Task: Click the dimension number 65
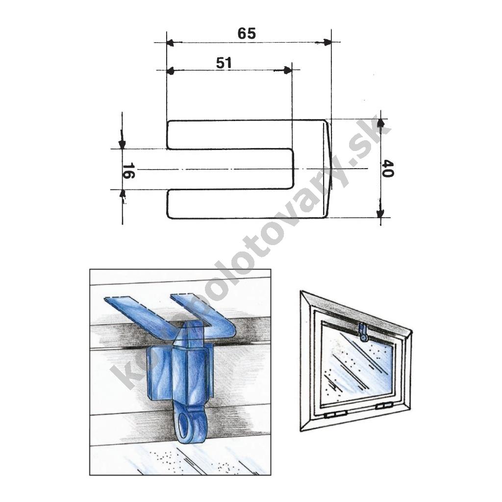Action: click(x=247, y=34)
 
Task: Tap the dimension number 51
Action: click(x=224, y=63)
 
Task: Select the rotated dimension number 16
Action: click(x=129, y=170)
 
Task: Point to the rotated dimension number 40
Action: click(x=388, y=169)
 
